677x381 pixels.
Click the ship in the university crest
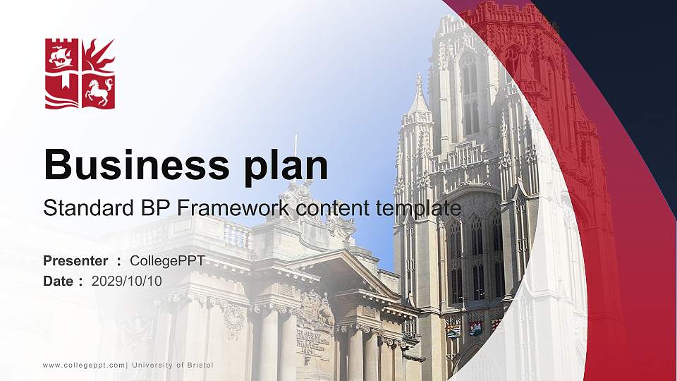[x=61, y=55]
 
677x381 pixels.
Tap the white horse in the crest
[x=98, y=91]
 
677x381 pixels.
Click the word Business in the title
[x=127, y=165]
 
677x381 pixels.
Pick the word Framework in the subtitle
[x=233, y=208]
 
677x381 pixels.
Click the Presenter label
[x=75, y=261]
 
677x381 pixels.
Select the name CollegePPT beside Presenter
[x=167, y=261]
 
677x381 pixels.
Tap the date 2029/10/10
[x=127, y=281]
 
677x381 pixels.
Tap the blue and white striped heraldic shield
[x=453, y=329]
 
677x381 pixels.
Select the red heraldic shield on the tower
[x=476, y=327]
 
